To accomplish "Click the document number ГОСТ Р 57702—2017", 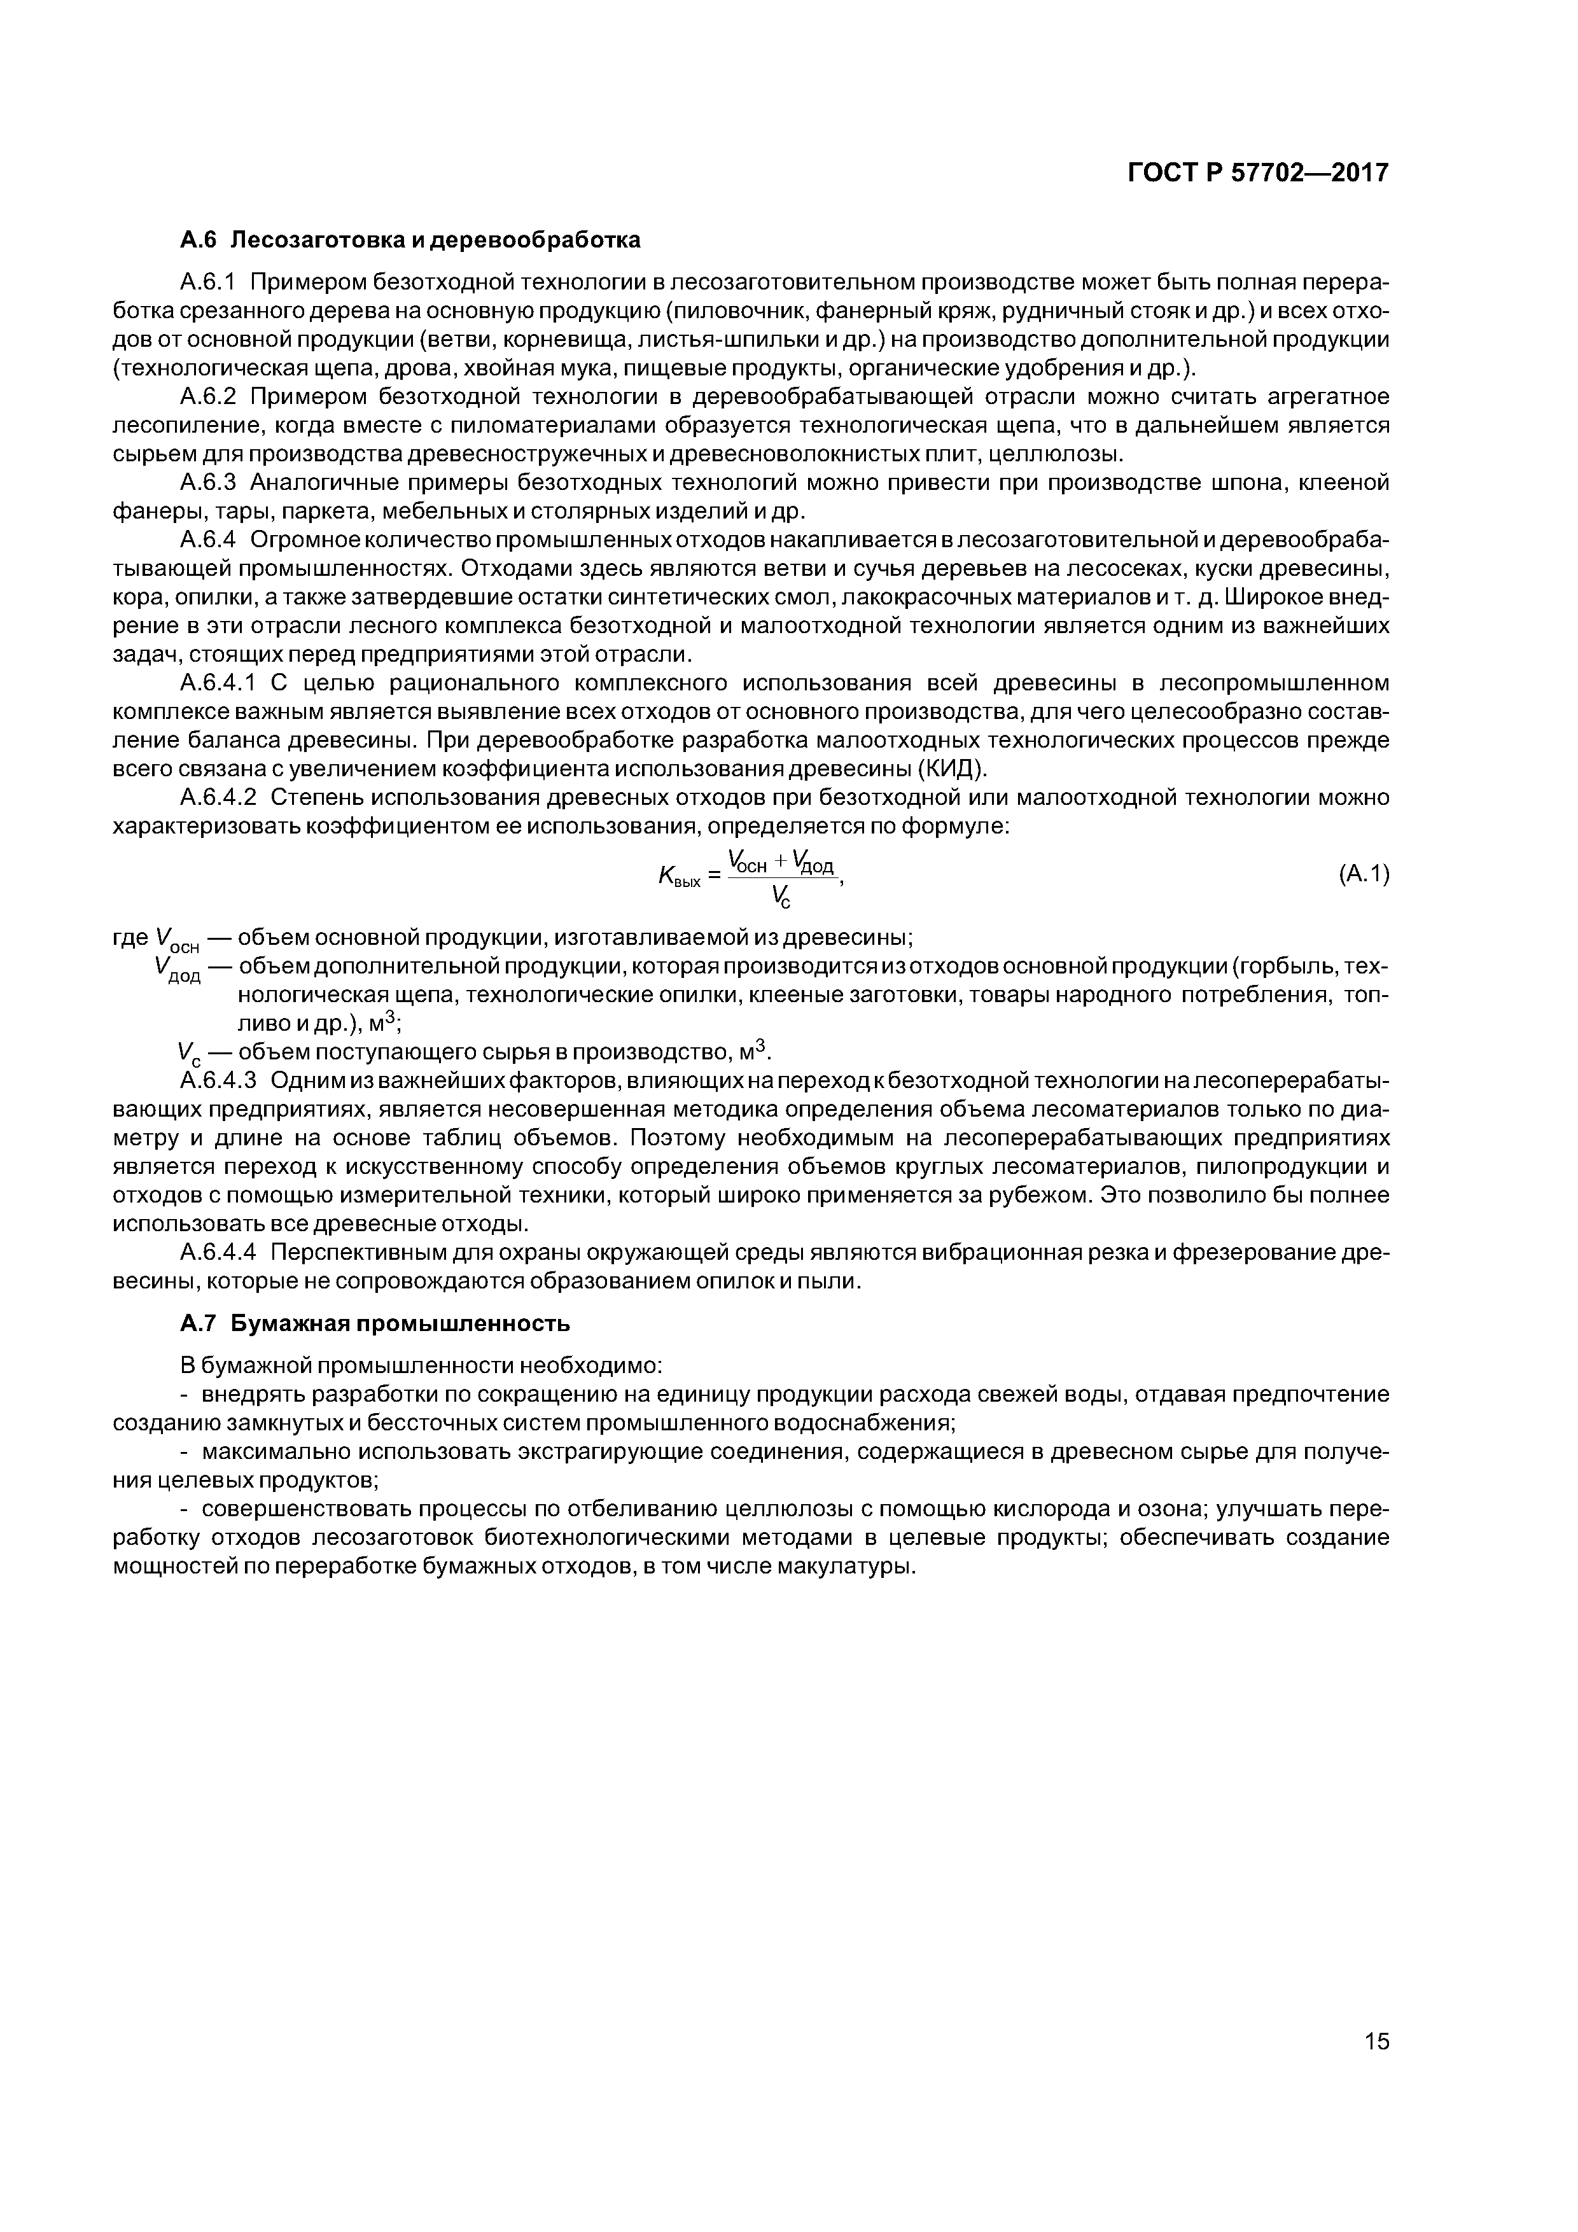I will (x=1258, y=173).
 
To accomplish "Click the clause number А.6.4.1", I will (x=219, y=683).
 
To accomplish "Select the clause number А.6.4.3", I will (x=219, y=1080).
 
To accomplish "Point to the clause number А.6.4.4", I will (x=219, y=1252).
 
